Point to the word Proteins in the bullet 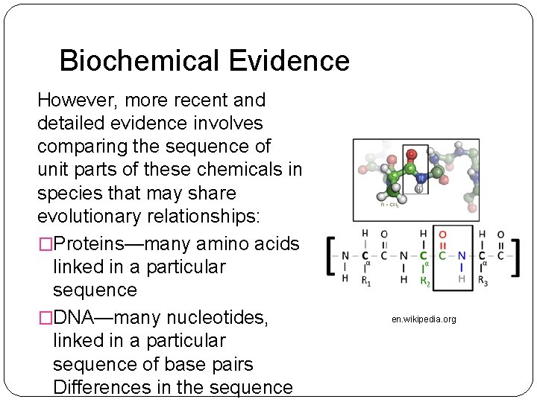92,243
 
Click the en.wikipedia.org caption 424,319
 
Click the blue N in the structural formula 462,255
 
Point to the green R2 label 424,281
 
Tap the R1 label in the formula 365,281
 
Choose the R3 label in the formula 483,281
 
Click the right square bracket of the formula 516,255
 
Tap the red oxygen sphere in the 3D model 411,155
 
